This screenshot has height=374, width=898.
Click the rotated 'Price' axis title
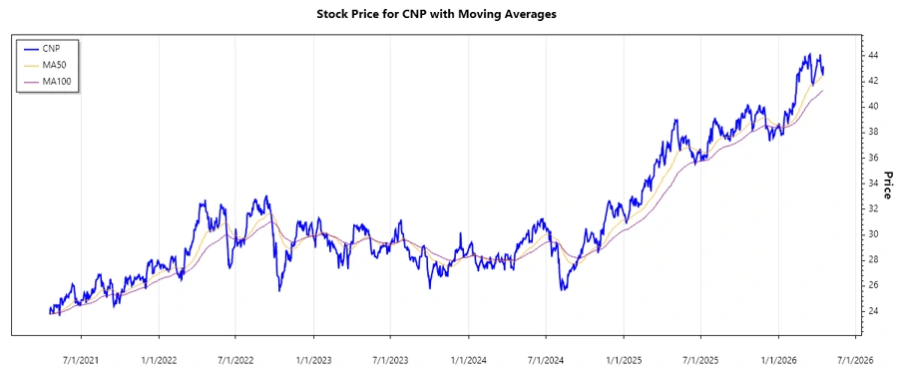pos(887,185)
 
